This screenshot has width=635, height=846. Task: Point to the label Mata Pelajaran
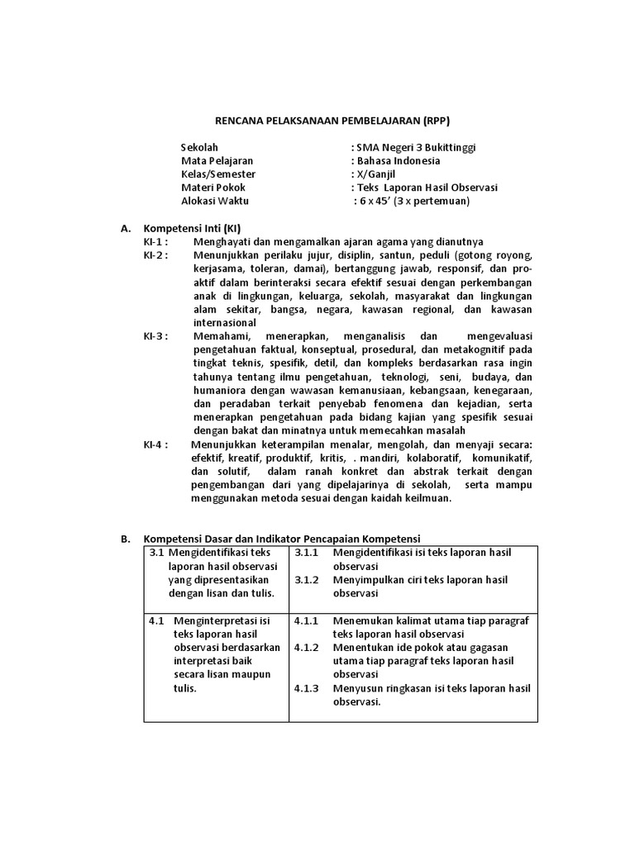(217, 160)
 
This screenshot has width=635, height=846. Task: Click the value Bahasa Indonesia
(398, 160)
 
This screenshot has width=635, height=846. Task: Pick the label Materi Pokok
(213, 187)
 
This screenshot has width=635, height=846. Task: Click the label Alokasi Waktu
(215, 200)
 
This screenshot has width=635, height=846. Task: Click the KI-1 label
(155, 241)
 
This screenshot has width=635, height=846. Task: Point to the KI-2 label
(155, 254)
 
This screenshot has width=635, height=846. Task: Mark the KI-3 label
(155, 335)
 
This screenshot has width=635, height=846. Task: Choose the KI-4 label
(155, 444)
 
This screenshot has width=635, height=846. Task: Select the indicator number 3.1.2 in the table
(307, 579)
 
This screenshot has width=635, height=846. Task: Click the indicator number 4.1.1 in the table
(307, 620)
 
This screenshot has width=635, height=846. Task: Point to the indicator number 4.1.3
(307, 688)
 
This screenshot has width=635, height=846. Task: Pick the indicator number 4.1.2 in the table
(307, 647)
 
